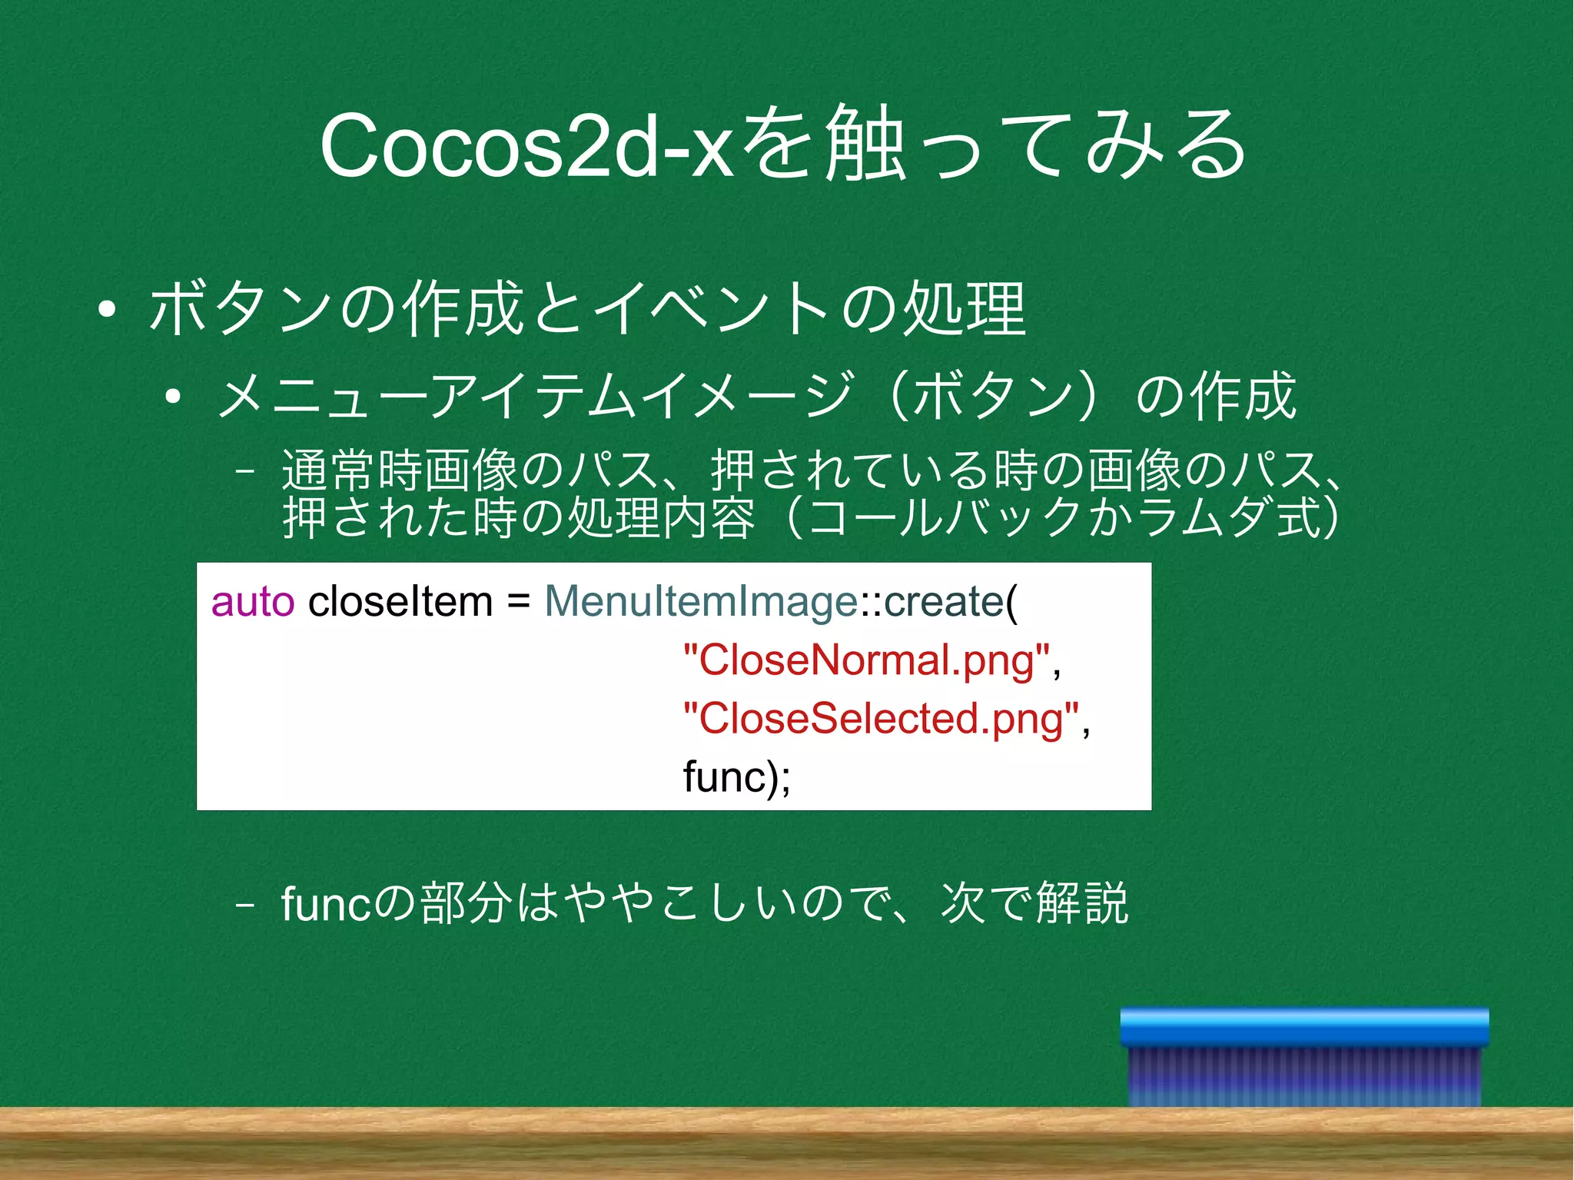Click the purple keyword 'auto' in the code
coord(253,601)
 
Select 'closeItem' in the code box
coord(400,601)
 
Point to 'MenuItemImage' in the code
coord(700,601)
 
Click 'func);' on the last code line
coord(736,777)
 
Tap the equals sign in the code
coord(519,603)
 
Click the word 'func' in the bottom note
coord(327,903)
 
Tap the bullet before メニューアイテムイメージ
coord(173,397)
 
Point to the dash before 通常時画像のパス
coord(245,470)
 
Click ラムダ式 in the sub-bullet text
coord(1230,517)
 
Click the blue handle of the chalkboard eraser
coord(1304,1027)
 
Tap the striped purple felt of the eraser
coord(1304,1076)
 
